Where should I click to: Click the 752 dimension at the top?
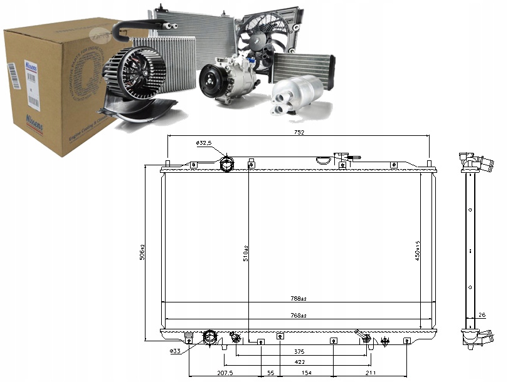[x=299, y=132]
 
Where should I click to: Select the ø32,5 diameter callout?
[x=205, y=143]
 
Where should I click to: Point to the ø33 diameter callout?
[x=176, y=351]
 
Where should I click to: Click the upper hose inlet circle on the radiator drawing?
[x=227, y=165]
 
